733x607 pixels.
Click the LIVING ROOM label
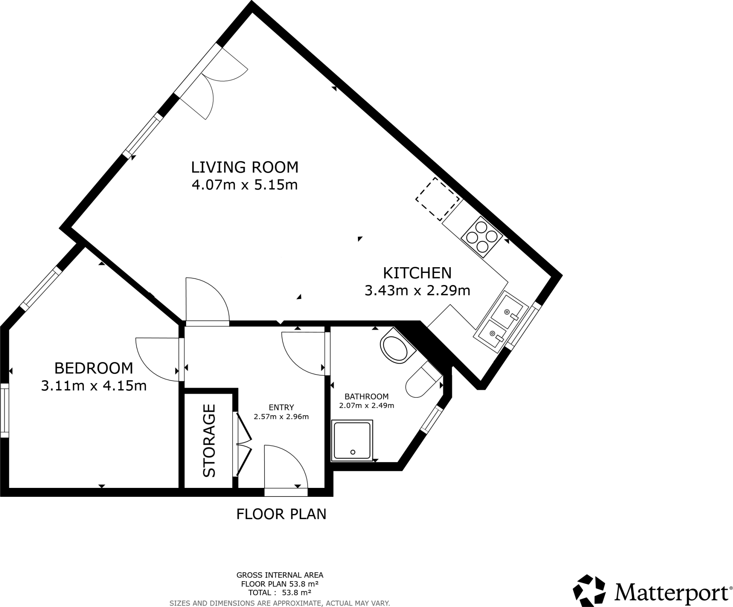(x=244, y=167)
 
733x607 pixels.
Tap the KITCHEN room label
(x=417, y=273)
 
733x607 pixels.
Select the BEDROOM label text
(x=93, y=368)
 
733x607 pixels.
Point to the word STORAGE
(x=209, y=440)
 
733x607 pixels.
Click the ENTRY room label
(x=281, y=407)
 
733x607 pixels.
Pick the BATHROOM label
(x=366, y=396)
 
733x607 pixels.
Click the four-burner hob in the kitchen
(x=482, y=237)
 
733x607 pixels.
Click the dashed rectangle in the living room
(x=438, y=199)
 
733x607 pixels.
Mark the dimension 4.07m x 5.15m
(x=244, y=185)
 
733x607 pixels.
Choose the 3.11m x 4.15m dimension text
(x=94, y=386)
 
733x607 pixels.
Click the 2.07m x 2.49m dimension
(x=366, y=405)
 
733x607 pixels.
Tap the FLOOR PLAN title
(x=281, y=514)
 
